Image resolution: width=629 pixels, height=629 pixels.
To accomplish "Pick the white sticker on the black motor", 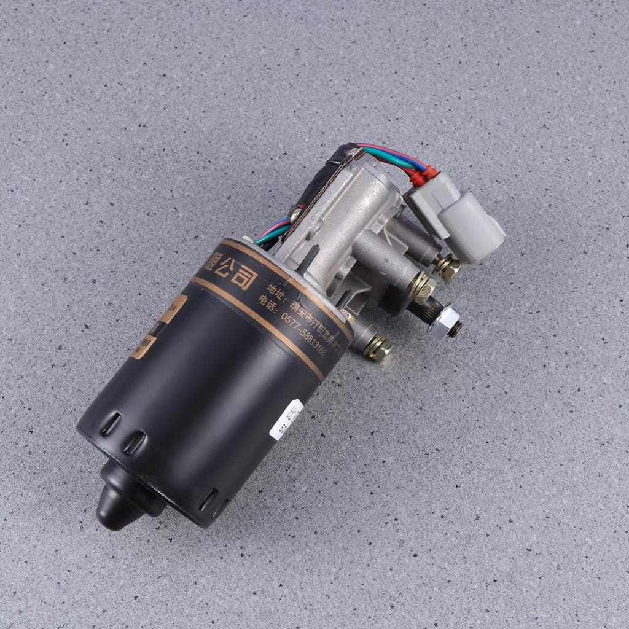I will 286,420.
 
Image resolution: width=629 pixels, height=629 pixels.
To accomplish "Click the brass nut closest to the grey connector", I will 447,267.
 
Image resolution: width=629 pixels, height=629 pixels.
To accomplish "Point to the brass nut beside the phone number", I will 377,348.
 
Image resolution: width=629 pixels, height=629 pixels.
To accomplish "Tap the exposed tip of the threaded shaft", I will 456,329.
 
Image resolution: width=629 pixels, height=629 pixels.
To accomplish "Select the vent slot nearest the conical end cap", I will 133,443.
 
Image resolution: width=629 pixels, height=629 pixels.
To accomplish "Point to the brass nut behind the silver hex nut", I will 423,287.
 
